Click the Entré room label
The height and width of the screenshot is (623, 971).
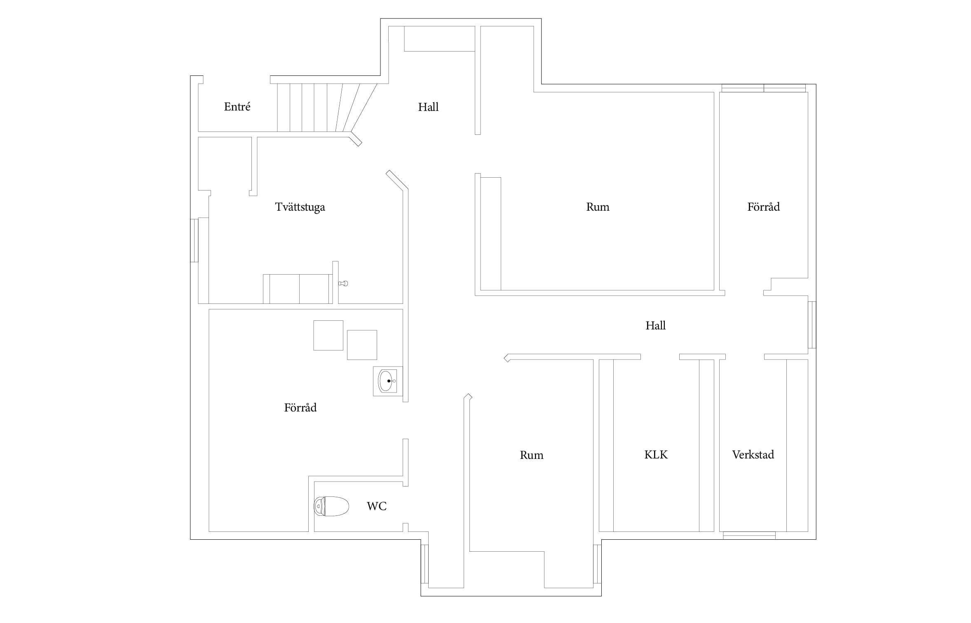[x=237, y=107]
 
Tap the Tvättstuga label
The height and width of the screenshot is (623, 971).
[x=300, y=207]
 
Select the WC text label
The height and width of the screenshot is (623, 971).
[x=377, y=506]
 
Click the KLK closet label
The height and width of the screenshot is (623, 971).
[x=656, y=454]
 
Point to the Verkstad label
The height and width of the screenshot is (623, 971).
[x=753, y=454]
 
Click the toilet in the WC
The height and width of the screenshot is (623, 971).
[x=331, y=506]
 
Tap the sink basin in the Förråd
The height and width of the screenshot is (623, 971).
[x=387, y=381]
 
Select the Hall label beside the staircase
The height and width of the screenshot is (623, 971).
[x=428, y=107]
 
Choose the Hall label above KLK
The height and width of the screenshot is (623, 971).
[x=655, y=326]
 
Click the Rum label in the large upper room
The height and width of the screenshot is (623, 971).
[x=598, y=207]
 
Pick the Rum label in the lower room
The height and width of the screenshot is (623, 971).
[x=531, y=455]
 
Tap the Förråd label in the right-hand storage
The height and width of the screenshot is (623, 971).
[x=763, y=207]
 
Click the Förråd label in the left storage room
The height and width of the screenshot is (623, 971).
[x=300, y=407]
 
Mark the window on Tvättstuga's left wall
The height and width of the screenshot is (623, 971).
[x=194, y=240]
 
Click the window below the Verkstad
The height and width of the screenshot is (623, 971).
[x=749, y=535]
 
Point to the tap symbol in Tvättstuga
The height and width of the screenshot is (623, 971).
[x=343, y=283]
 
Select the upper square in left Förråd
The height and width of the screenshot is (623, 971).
[x=328, y=335]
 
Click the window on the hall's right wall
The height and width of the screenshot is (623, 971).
[x=812, y=325]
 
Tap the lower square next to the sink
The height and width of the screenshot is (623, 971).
[x=362, y=345]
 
